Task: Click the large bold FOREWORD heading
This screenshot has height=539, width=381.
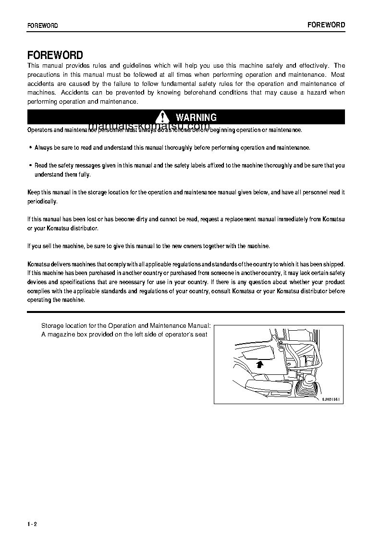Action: coord(55,55)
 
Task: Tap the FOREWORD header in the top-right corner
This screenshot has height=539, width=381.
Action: coord(326,25)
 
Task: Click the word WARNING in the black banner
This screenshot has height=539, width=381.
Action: coord(196,117)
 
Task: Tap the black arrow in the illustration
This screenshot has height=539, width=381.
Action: coord(260,364)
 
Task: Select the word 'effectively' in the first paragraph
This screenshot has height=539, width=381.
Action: coord(314,66)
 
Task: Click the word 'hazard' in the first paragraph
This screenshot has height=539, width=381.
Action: coord(317,93)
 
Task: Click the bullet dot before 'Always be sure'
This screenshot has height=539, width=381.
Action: coord(31,148)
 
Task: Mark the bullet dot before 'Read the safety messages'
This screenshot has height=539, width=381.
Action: coord(31,166)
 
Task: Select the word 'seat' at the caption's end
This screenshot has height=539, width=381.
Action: coord(201,335)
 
